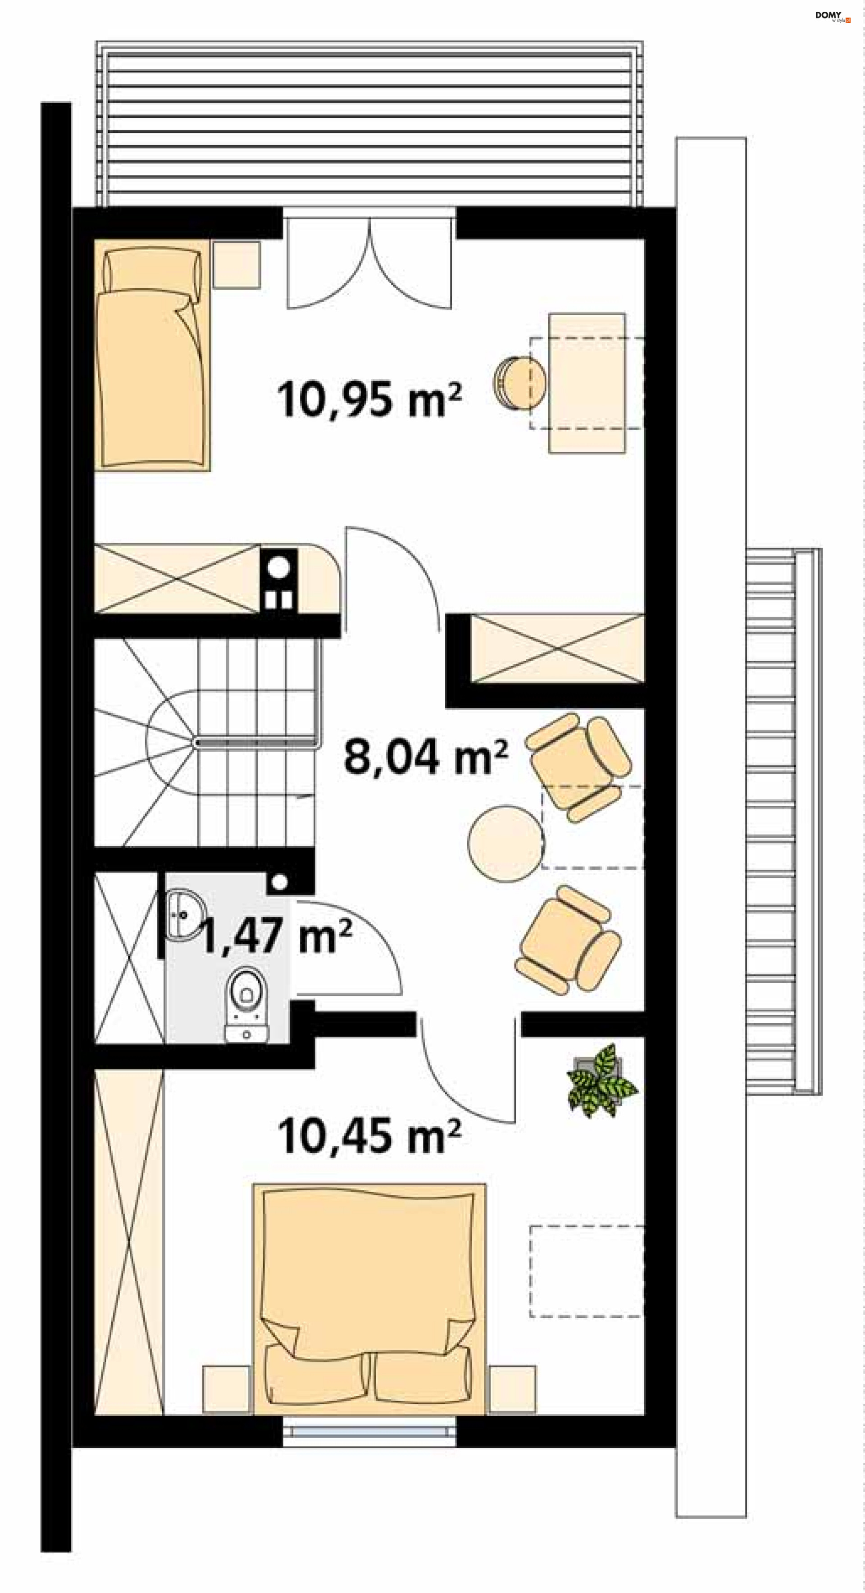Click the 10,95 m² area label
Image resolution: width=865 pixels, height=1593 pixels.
(369, 399)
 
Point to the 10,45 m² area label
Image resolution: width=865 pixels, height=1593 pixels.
(369, 1136)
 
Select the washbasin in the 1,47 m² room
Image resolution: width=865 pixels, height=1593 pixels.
(184, 915)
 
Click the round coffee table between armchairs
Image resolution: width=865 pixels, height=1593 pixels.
(505, 843)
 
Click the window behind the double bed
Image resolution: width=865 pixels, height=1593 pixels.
(369, 1430)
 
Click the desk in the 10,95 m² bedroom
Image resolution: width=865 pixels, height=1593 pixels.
(587, 383)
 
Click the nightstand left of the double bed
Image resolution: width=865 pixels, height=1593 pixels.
(227, 1389)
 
